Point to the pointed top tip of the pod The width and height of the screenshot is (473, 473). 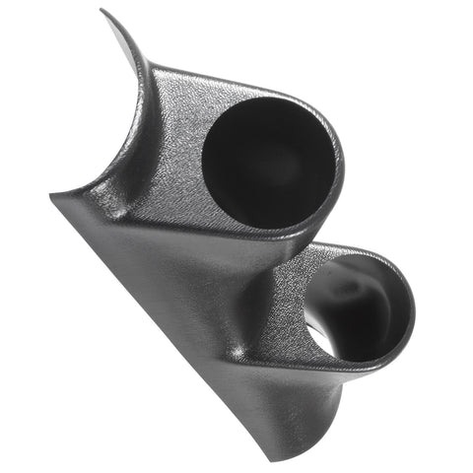pos(103,12)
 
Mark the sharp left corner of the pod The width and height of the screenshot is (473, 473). pos(51,194)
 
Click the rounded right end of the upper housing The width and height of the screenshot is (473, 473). pos(337,168)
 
